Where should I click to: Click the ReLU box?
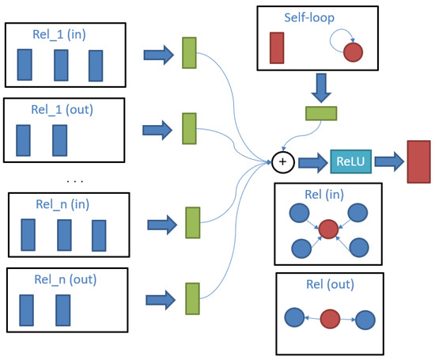[350, 163]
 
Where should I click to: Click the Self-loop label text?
[312, 17]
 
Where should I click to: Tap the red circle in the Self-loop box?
[353, 52]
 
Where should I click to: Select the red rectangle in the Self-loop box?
[276, 47]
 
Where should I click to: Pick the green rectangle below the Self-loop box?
[321, 112]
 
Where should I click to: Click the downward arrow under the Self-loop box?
[321, 86]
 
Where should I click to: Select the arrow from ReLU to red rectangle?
[389, 163]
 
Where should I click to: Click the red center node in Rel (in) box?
[328, 229]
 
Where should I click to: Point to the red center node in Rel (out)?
[330, 319]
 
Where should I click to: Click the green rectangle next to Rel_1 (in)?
[188, 52]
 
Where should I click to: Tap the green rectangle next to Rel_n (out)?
[192, 298]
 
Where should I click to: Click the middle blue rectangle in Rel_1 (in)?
[62, 66]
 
